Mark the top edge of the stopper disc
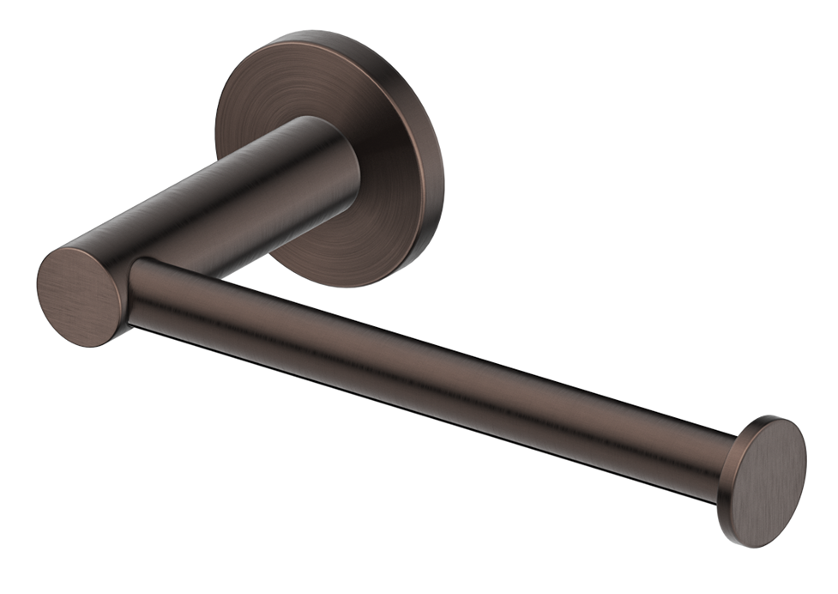(776, 420)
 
